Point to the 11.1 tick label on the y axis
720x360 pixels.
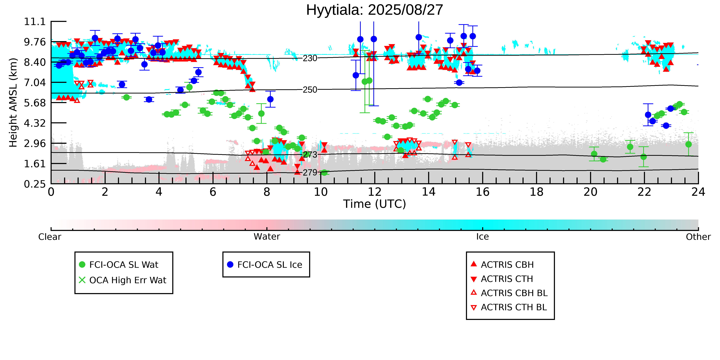[x=35, y=21]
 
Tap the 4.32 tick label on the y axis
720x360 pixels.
[x=35, y=123]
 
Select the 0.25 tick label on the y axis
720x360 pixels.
[x=35, y=184]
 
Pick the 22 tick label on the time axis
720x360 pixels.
[x=644, y=192]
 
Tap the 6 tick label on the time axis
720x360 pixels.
[x=213, y=192]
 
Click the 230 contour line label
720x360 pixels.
[x=310, y=58]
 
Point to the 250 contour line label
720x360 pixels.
[x=310, y=90]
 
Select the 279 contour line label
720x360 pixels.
[x=310, y=172]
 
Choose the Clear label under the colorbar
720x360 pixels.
[x=50, y=237]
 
